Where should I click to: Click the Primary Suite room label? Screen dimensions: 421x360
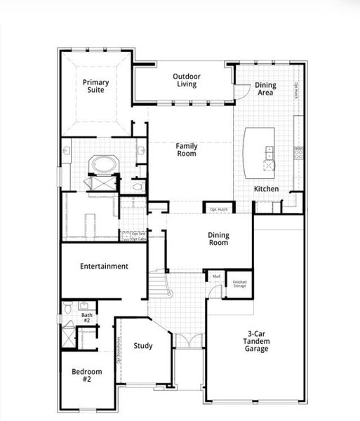95,86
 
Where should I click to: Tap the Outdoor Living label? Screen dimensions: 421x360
186,80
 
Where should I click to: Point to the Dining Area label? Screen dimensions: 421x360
265,89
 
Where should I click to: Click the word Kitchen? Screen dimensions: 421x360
266,189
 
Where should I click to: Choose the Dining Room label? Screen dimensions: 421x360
218,240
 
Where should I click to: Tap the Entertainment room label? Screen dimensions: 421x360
104,267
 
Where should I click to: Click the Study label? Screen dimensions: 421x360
143,345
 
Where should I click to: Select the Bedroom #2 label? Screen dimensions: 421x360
86,375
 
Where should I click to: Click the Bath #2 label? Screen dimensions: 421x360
86,318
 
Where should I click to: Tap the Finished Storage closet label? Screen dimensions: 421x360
239,283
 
